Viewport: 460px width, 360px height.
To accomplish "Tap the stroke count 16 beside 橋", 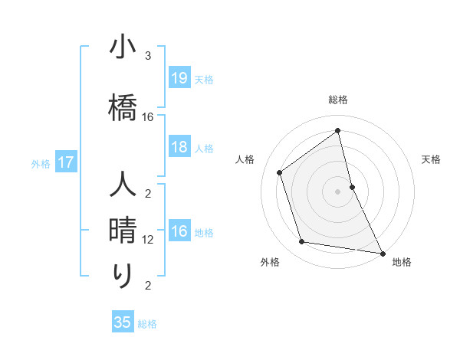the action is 148,117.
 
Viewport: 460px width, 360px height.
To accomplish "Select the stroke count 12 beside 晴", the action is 148,240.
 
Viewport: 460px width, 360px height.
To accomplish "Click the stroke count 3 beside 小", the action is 148,56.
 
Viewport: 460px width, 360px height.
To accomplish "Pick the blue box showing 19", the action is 179,78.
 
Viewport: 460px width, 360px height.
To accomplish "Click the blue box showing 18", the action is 179,147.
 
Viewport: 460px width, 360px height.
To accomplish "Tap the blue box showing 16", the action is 179,231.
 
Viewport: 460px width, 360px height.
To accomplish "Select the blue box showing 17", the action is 65,162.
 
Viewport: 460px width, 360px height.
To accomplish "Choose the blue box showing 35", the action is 123,322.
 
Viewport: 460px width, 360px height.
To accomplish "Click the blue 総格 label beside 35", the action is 147,324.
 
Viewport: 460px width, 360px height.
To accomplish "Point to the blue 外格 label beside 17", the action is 41,163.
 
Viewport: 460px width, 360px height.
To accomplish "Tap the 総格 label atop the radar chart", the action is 337,100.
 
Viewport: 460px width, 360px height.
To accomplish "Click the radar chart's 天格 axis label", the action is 431,159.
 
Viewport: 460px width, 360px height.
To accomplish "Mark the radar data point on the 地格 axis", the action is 382,253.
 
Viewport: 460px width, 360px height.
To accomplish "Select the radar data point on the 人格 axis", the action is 280,172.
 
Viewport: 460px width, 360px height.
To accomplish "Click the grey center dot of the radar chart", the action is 337,191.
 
